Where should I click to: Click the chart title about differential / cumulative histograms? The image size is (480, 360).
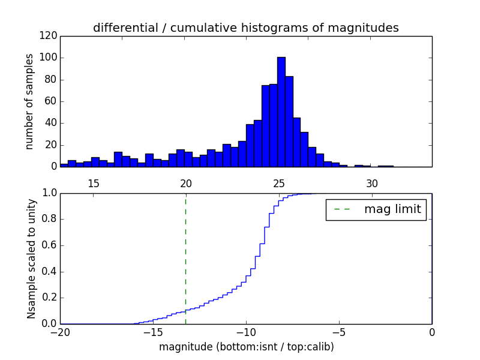tap(245, 28)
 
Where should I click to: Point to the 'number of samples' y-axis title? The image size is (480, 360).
tap(30, 101)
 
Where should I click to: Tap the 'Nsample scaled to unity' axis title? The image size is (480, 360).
tap(31, 258)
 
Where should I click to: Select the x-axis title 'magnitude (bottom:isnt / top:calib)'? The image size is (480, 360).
tap(246, 346)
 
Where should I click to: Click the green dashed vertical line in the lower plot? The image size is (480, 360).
tap(185, 252)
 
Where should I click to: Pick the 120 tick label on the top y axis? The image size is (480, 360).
tap(50, 36)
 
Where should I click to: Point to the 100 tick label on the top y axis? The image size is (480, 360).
tap(50, 58)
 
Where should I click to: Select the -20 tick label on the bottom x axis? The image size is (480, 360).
tap(60, 332)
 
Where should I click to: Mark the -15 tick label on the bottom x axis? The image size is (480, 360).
tap(153, 332)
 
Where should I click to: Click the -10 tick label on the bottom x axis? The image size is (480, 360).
tap(246, 332)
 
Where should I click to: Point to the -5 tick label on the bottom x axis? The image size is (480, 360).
tap(339, 332)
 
